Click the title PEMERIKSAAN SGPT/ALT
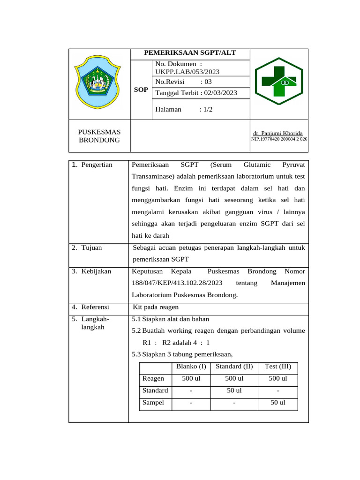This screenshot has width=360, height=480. (x=189, y=54)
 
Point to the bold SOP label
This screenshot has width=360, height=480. (x=141, y=90)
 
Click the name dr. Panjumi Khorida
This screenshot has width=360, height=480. (x=277, y=134)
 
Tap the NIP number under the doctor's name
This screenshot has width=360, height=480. (x=279, y=139)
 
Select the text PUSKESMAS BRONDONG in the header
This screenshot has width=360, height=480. (x=99, y=136)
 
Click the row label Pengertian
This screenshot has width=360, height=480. (x=97, y=165)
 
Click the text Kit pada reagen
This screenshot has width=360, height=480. (x=156, y=307)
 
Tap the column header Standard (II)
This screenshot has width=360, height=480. (x=234, y=366)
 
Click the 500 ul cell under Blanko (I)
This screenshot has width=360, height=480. (x=190, y=378)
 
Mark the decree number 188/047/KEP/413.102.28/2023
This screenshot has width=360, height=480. (x=177, y=283)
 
